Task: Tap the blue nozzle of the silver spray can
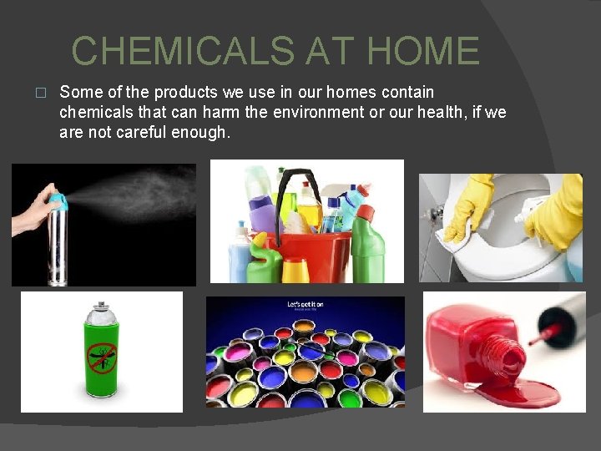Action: click(x=56, y=201)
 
